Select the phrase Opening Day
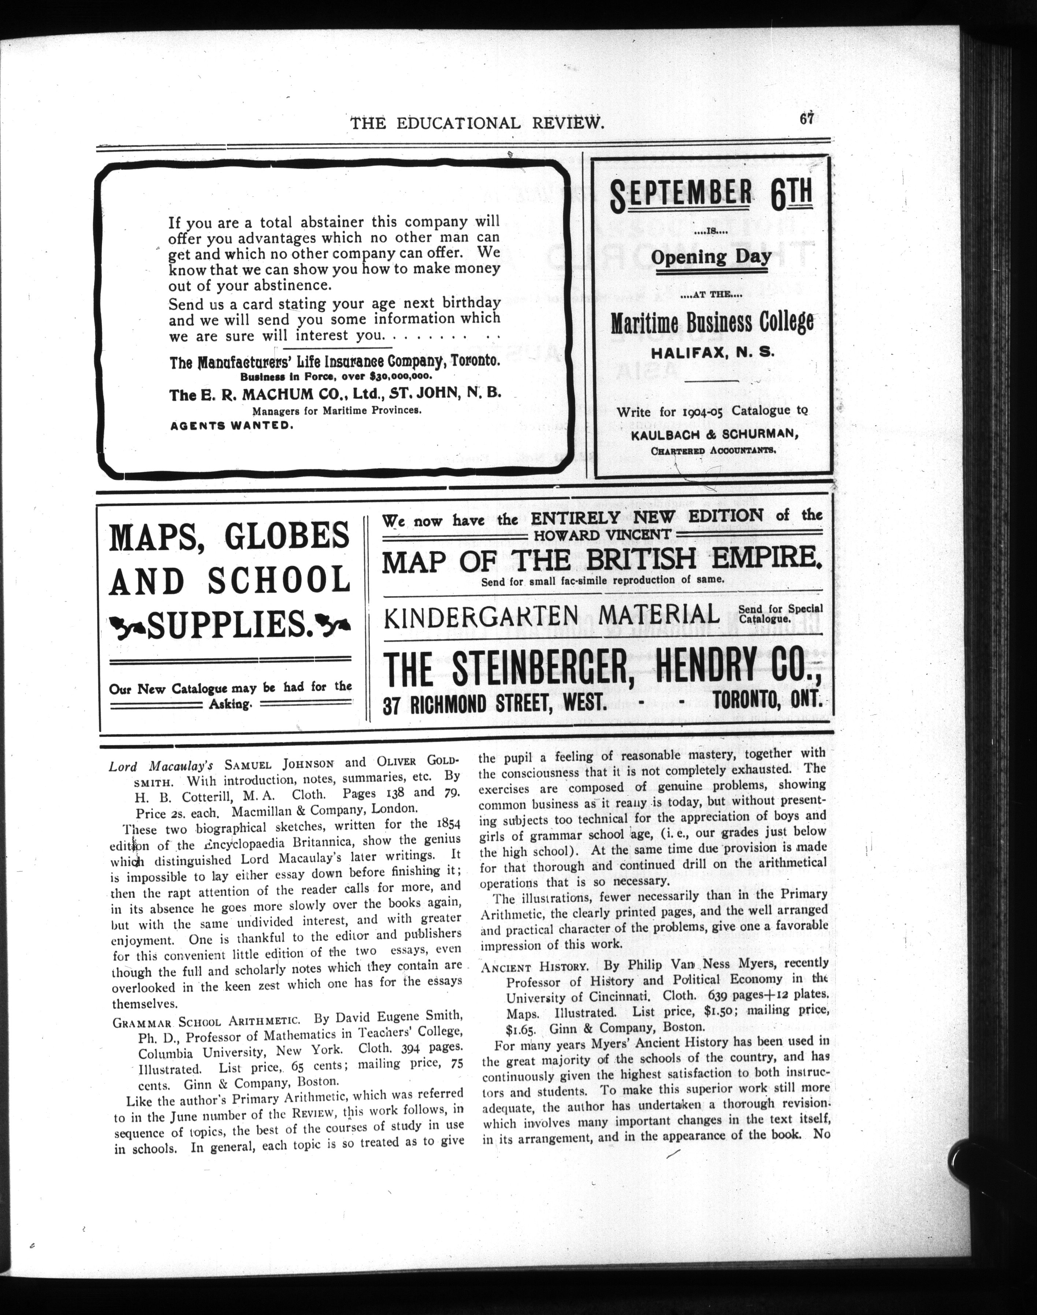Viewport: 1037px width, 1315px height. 711,256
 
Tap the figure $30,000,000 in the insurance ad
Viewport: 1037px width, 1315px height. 398,376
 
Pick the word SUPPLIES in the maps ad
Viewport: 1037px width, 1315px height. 230,625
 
